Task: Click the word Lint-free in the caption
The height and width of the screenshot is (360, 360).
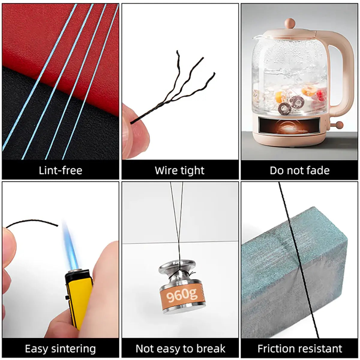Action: pos(61,170)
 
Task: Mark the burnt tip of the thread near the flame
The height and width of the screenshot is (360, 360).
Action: pos(57,226)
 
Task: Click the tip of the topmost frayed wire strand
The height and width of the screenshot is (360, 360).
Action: pos(177,51)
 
